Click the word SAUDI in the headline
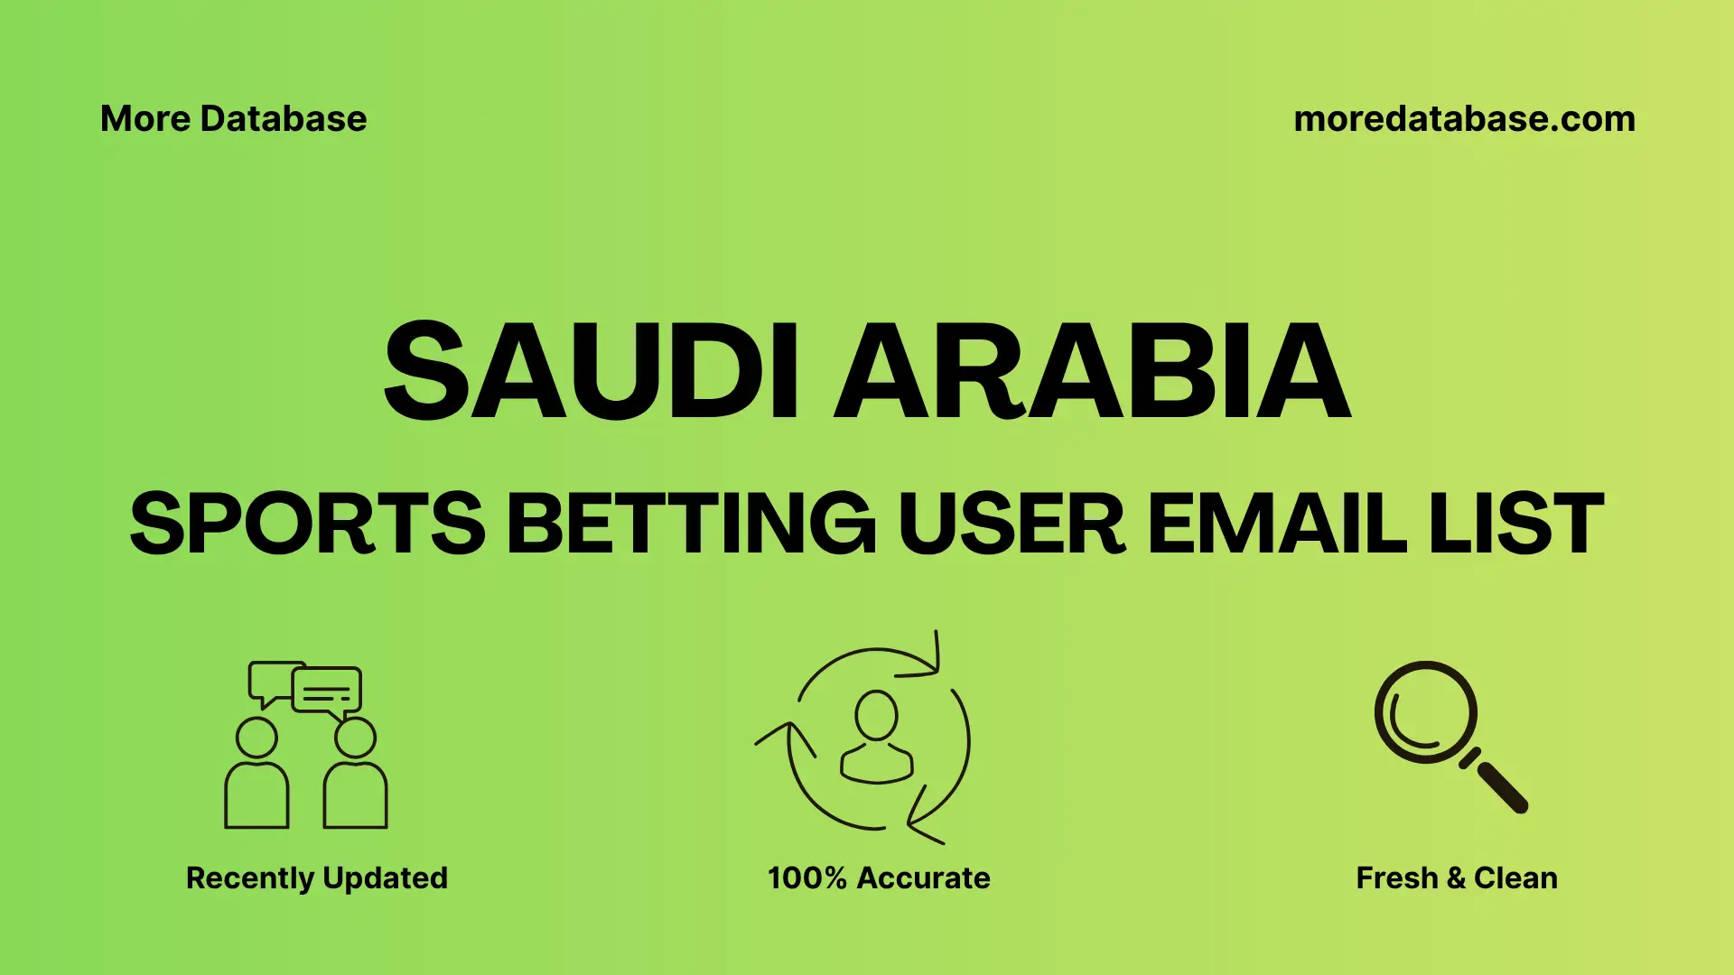[x=591, y=371]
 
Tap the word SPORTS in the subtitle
[x=307, y=524]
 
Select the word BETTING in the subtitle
[x=691, y=524]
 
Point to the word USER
[x=1011, y=524]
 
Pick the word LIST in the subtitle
[x=1516, y=524]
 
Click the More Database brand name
[x=233, y=119]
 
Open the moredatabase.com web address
[x=1464, y=119]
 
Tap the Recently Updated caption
[x=316, y=877]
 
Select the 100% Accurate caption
[x=879, y=877]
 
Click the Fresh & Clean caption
[x=1457, y=877]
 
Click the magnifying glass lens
[x=1425, y=712]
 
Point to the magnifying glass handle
[x=1501, y=786]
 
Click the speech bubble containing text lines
[x=327, y=692]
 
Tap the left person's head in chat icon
[x=256, y=738]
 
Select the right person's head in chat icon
[x=355, y=738]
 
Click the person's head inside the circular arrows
[x=876, y=716]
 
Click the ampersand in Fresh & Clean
[x=1456, y=877]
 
